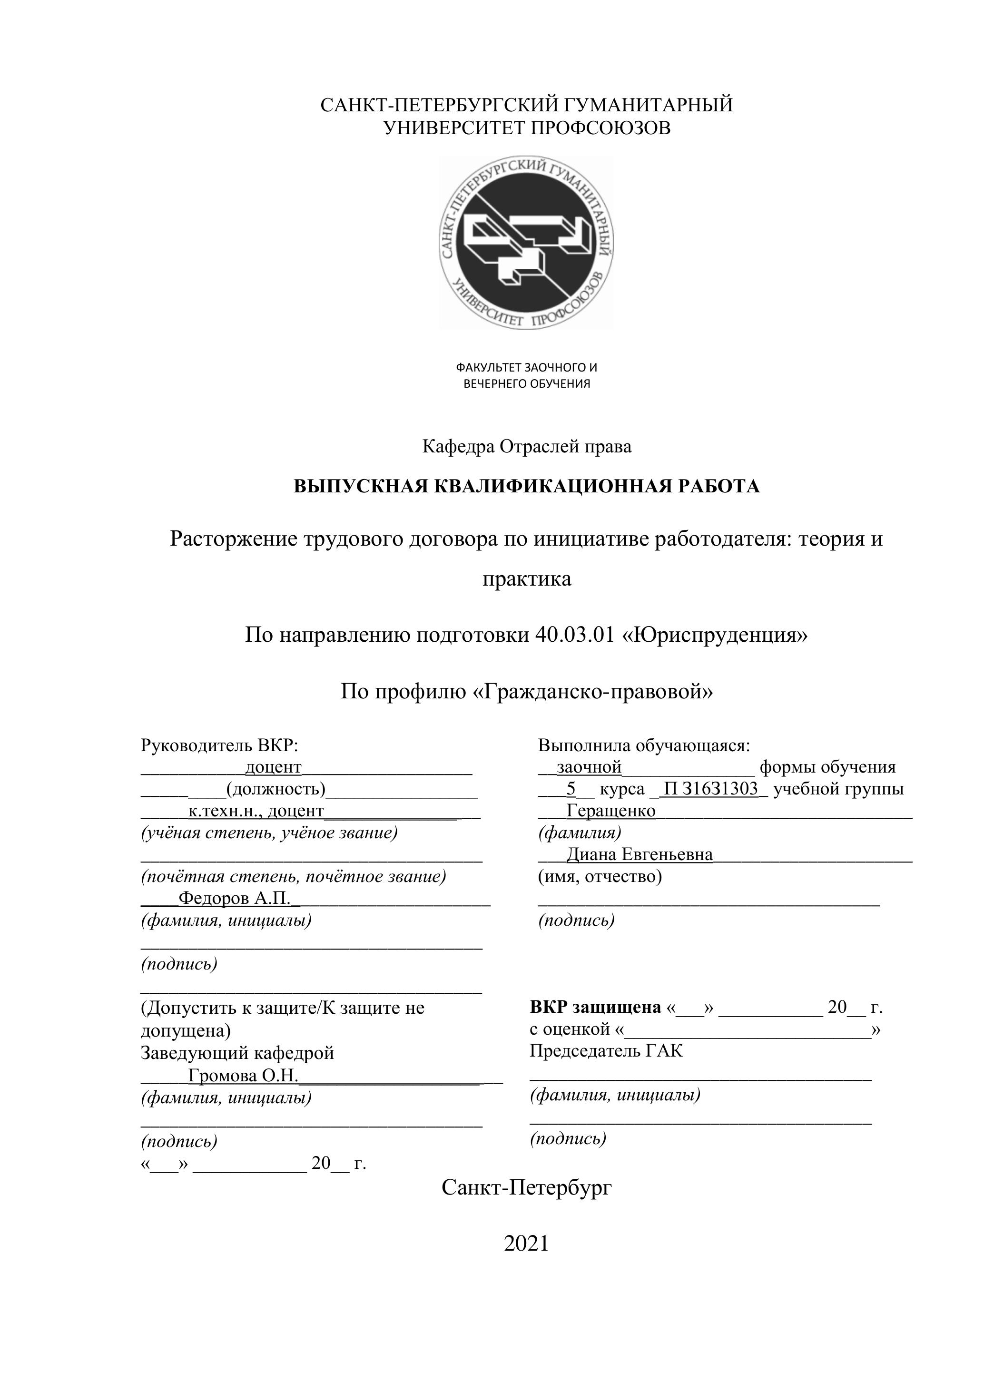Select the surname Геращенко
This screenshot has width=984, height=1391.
[611, 811]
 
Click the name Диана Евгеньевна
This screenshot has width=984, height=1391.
[639, 854]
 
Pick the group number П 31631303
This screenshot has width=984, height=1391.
[711, 789]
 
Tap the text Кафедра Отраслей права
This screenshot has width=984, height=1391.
[526, 447]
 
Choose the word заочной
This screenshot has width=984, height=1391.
[589, 767]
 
